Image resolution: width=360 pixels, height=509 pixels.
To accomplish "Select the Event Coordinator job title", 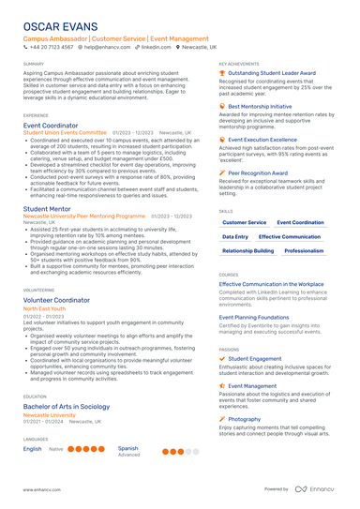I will [51, 125].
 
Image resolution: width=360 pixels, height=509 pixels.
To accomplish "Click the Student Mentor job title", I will [47, 208].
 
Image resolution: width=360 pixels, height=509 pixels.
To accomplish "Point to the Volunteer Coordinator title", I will [56, 300].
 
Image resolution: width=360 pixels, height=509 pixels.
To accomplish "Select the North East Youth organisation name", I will [44, 308].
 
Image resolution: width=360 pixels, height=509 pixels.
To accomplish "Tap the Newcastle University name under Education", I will [49, 415].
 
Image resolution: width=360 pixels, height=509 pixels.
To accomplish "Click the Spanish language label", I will [128, 448].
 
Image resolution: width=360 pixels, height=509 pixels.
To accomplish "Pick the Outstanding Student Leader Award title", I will [271, 72].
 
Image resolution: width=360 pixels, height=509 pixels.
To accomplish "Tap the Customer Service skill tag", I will [244, 222].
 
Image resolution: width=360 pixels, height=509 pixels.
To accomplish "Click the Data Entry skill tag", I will [235, 237].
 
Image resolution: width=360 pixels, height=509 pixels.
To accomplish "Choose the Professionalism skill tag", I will [304, 251].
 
